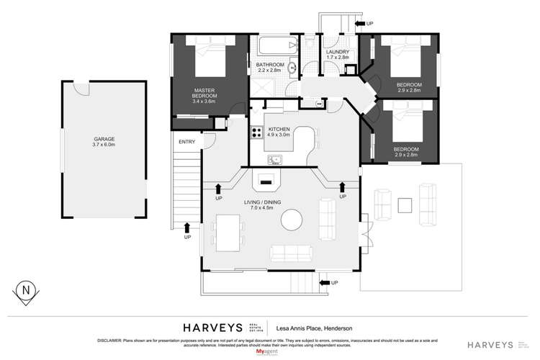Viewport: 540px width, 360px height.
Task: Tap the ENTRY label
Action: [x=186, y=141]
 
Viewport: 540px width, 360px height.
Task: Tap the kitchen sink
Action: [x=274, y=160]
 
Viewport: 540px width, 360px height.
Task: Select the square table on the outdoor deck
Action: [x=405, y=206]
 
